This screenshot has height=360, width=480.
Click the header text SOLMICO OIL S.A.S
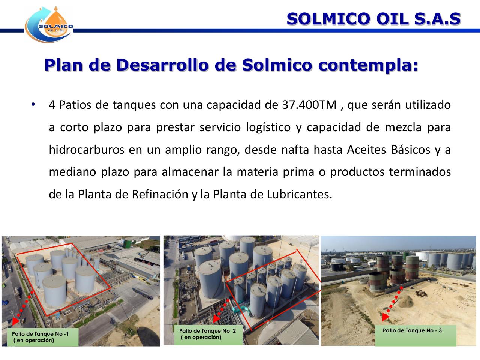373,19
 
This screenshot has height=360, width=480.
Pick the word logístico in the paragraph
268,127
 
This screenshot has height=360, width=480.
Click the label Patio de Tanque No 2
207,331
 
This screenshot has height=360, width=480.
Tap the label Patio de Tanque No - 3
412,330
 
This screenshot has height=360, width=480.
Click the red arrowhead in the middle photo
216,319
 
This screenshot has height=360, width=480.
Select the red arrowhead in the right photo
384,318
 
